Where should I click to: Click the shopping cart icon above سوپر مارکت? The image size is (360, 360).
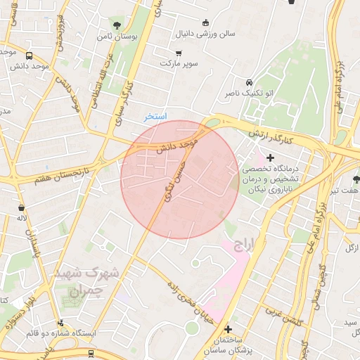point(179,53)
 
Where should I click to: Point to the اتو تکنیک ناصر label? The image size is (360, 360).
point(250,93)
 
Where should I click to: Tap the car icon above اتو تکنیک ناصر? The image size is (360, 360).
point(250,82)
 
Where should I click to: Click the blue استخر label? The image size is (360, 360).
point(155,116)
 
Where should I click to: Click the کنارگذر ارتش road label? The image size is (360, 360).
point(279,134)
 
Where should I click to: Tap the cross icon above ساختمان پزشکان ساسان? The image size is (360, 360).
point(228,328)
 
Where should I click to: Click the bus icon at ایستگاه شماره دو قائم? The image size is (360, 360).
point(60,323)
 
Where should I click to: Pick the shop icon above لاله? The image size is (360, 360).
point(22,208)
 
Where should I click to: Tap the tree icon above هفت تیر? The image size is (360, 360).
point(356,179)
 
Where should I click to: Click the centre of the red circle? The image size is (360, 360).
point(180,180)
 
